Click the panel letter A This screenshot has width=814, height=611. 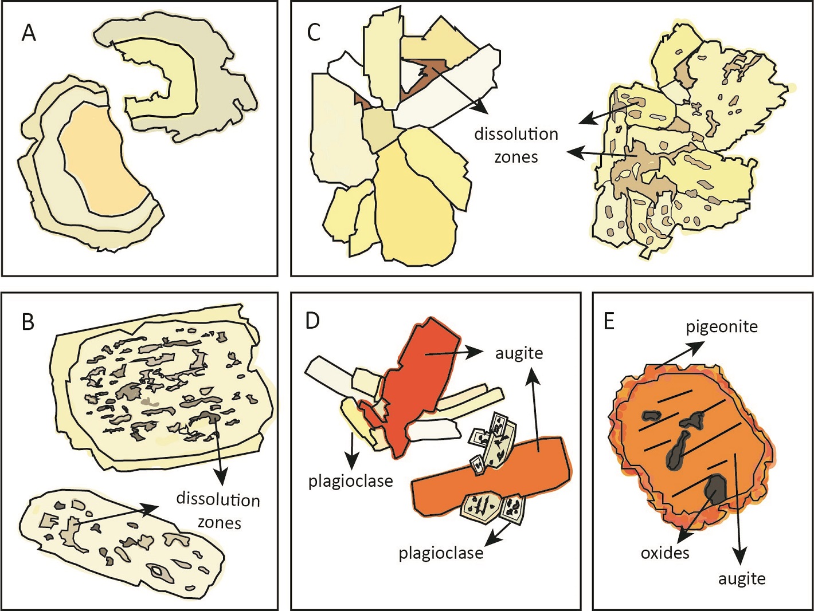coord(29,33)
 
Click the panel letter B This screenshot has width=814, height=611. coord(28,322)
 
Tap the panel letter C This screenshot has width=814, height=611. coord(314,33)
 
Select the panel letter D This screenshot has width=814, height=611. coord(312,321)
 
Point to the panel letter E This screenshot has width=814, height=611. coord(609,321)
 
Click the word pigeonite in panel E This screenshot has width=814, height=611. coord(722,327)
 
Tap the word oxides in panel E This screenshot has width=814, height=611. coord(665,553)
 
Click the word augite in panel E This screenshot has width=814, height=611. coord(742,579)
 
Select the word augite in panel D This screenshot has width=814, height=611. coord(519,353)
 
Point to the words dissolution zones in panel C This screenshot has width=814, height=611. coord(516,145)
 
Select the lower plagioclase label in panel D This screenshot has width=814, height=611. coord(441,553)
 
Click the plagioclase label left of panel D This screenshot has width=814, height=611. coord(350,481)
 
